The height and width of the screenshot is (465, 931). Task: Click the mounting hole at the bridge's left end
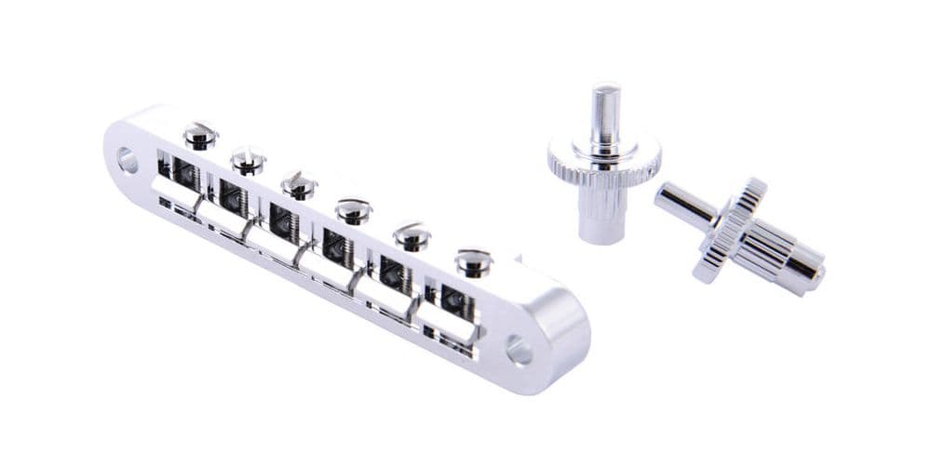point(127,161)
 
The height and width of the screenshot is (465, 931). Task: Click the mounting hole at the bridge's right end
point(519,352)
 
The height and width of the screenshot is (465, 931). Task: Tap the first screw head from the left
point(199,136)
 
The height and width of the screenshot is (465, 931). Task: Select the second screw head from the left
point(249,160)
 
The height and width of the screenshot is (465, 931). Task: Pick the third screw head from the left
point(299,184)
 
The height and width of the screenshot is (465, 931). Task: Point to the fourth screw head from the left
point(354,210)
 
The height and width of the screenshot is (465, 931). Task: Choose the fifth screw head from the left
point(411,235)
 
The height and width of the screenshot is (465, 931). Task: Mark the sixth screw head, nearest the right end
point(473,261)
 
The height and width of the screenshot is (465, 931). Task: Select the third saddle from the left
point(276,242)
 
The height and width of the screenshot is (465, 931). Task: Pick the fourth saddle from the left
point(329,268)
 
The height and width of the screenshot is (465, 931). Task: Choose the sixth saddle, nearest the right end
point(444,321)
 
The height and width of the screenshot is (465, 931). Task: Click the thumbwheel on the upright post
point(603,164)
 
